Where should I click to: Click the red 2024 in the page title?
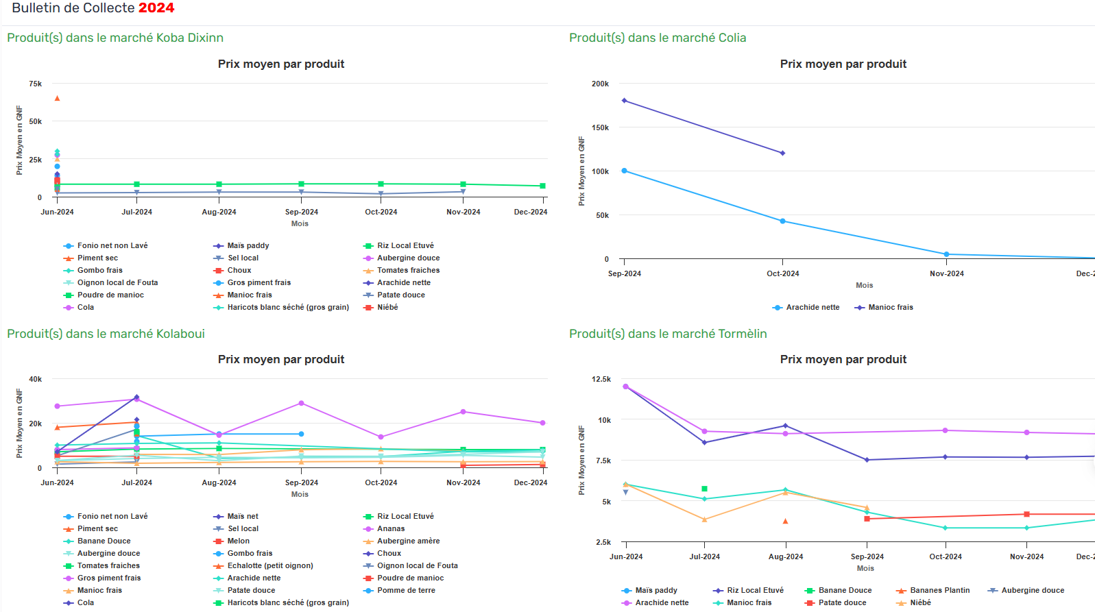tap(156, 8)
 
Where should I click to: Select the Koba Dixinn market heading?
tap(115, 38)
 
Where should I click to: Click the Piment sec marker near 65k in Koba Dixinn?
tap(57, 99)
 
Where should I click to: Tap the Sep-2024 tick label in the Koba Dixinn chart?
tap(302, 212)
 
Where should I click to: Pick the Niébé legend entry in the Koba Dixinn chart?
tap(387, 307)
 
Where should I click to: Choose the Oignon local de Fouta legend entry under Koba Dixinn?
tap(117, 282)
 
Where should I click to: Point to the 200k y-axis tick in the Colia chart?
tap(600, 84)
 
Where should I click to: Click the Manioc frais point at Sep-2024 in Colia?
tap(624, 101)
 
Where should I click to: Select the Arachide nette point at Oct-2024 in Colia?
tap(782, 221)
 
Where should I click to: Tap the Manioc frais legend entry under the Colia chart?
tap(890, 307)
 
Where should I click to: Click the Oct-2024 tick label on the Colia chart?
tap(782, 273)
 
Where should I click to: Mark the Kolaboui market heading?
tap(106, 334)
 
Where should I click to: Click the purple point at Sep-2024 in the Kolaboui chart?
tap(301, 404)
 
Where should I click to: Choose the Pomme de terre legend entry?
tap(406, 590)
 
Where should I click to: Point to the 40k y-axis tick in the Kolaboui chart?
tap(36, 379)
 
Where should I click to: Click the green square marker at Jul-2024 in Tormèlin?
tap(704, 489)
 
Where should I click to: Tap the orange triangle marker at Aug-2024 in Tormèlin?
tap(785, 522)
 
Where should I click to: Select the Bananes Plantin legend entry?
tap(939, 590)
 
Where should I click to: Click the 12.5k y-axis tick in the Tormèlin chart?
tap(601, 379)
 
